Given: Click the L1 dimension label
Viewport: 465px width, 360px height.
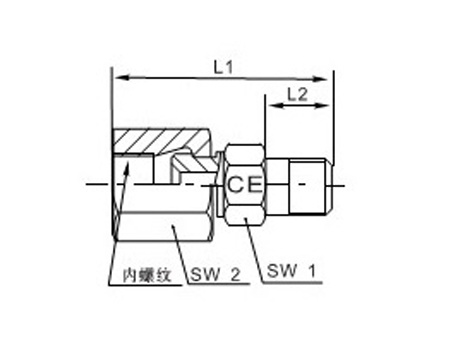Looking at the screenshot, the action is click(223, 68).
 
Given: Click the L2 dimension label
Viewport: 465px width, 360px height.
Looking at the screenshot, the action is click(297, 95).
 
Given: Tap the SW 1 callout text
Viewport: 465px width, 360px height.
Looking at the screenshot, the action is click(291, 271).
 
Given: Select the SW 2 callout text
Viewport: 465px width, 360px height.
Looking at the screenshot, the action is click(215, 275).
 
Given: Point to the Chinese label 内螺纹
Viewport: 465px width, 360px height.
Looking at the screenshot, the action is click(147, 276).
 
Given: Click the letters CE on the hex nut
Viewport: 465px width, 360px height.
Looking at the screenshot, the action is click(245, 185).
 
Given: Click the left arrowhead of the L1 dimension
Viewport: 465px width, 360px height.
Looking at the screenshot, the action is click(121, 78).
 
